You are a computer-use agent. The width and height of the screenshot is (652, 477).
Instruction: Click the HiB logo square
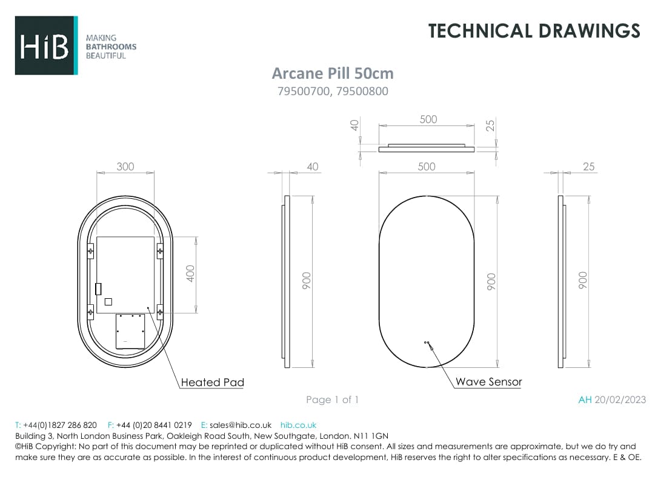(x=46, y=45)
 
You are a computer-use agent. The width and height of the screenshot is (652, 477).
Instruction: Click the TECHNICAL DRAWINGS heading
(x=534, y=31)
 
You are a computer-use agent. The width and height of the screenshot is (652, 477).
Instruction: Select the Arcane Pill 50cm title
(x=332, y=73)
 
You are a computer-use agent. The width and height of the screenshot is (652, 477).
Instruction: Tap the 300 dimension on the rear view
(x=125, y=167)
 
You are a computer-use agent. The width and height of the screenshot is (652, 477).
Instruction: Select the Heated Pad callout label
(x=213, y=382)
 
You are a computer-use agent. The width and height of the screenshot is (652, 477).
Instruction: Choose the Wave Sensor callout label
(x=488, y=382)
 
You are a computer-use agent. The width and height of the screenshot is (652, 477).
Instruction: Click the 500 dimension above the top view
(x=428, y=119)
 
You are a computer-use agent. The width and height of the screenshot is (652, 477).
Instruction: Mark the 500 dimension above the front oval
(x=427, y=167)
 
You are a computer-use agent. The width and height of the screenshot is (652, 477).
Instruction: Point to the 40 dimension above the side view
(x=313, y=167)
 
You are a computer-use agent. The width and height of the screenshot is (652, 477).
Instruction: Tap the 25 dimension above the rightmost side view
(x=588, y=167)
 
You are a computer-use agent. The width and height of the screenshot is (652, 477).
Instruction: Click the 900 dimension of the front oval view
(x=491, y=280)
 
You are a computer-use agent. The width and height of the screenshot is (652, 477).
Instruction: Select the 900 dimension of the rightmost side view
(x=583, y=280)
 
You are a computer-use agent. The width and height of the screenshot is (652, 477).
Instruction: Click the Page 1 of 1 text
(x=332, y=399)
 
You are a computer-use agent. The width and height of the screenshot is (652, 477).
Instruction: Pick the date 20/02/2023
(x=620, y=399)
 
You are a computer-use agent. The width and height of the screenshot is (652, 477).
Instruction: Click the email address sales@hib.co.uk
(x=241, y=425)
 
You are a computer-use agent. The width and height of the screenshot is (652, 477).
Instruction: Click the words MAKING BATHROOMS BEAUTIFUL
(x=111, y=47)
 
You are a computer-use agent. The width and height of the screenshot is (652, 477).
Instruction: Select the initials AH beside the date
(x=585, y=399)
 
